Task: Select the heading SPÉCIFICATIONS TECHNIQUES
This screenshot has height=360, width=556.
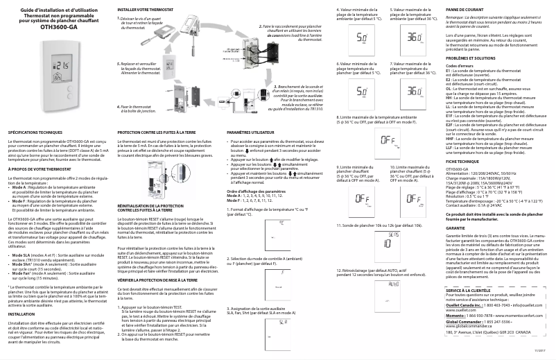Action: [x=40, y=130]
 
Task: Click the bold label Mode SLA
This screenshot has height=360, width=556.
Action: [x=20, y=255]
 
